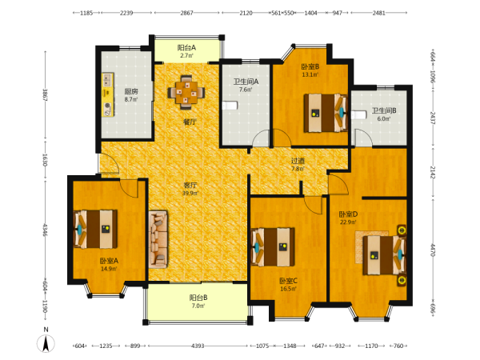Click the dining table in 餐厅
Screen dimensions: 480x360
click(186, 92)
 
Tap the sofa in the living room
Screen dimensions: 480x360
click(158, 239)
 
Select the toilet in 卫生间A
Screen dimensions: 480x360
click(230, 106)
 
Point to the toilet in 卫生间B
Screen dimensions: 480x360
click(358, 115)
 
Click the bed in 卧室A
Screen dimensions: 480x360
click(96, 229)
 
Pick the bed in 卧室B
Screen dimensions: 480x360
click(326, 113)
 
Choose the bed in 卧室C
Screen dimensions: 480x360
click(273, 247)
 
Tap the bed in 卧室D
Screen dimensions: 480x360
click(385, 255)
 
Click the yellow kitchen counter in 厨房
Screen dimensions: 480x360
click(108, 94)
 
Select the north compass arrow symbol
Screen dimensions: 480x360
click(46, 343)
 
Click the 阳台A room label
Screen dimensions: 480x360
click(186, 48)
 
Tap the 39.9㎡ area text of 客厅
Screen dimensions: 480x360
click(190, 193)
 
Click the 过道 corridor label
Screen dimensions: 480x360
click(298, 161)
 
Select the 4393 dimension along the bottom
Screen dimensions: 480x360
click(198, 346)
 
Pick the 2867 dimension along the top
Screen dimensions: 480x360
click(186, 13)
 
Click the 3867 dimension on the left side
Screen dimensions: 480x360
click(45, 95)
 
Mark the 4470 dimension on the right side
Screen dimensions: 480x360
click(433, 250)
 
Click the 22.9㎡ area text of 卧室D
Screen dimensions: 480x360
click(348, 222)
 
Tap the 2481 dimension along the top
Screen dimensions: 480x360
click(378, 13)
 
